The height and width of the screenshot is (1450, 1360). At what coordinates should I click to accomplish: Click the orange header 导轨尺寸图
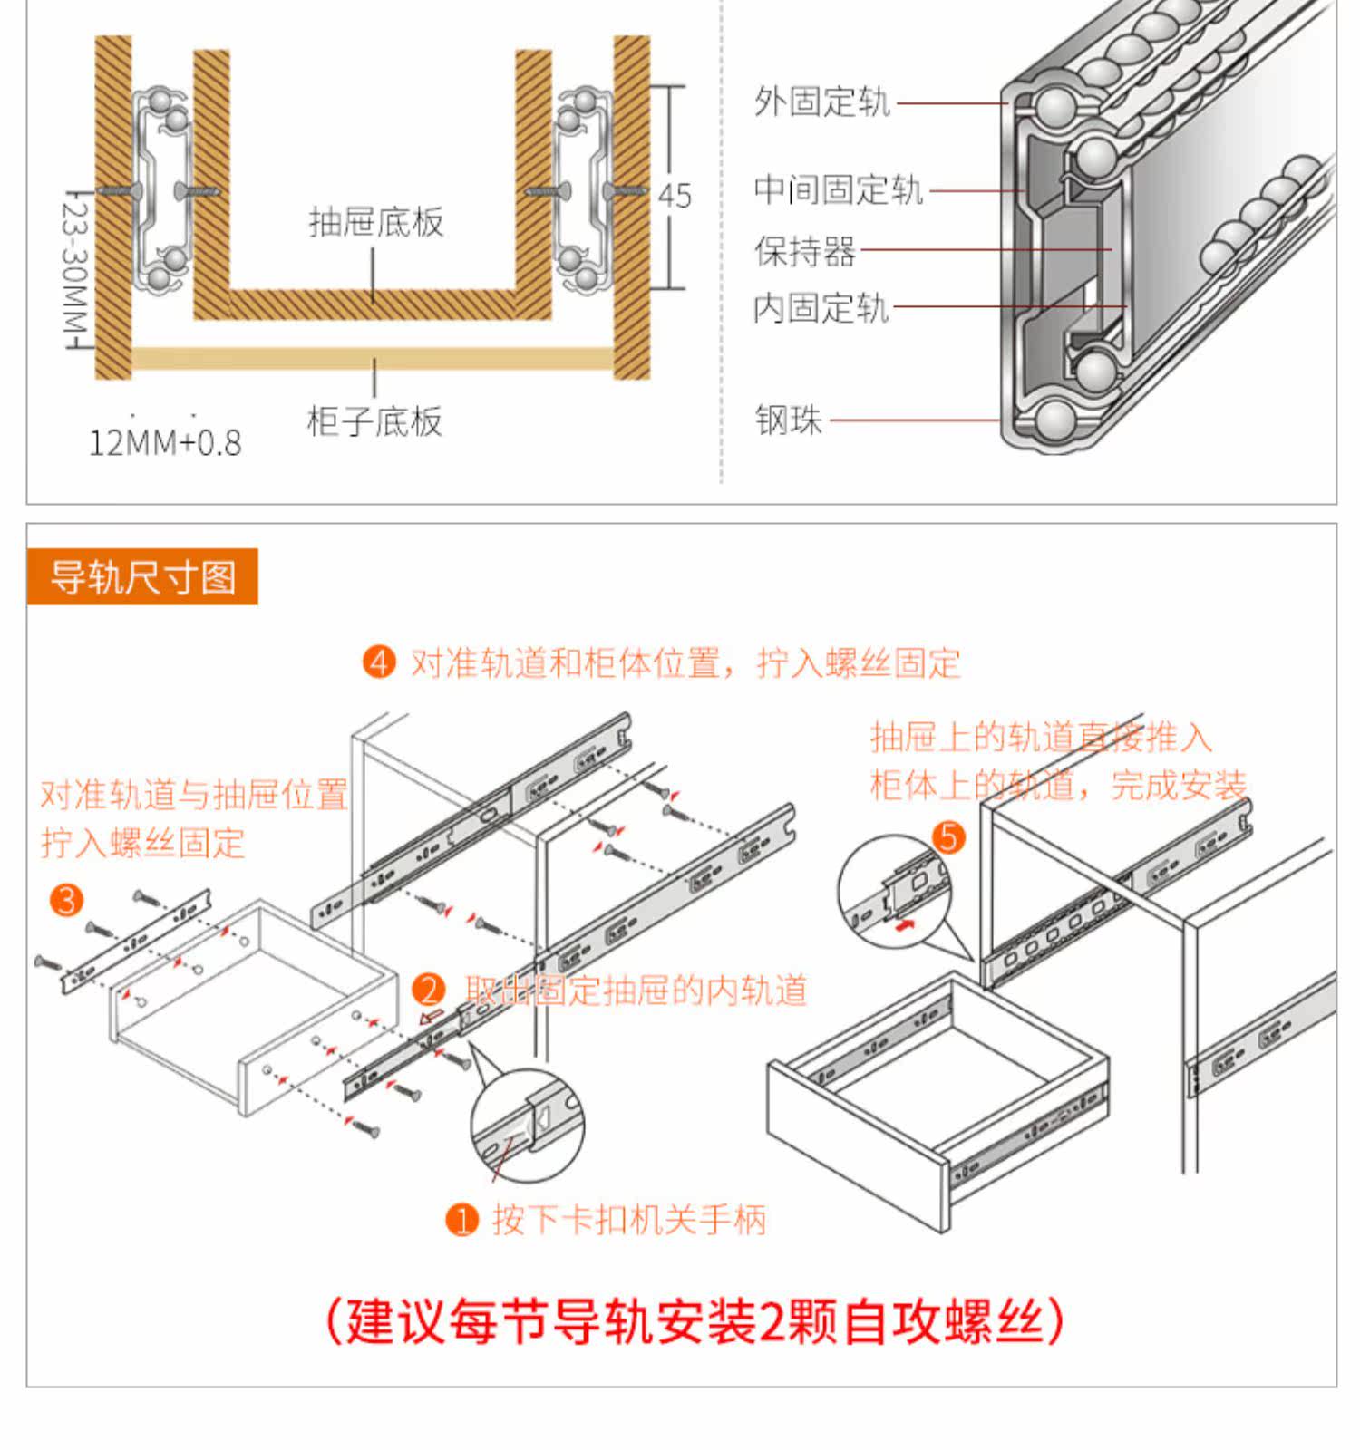tap(142, 577)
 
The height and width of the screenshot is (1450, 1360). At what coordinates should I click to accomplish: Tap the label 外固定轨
tap(822, 101)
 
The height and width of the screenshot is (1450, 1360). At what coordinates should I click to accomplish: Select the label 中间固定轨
tap(838, 190)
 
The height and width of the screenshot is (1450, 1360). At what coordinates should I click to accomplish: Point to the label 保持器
tap(805, 251)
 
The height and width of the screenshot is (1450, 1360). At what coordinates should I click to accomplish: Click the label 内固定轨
tap(821, 308)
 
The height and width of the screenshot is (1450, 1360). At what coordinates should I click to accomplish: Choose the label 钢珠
tap(788, 420)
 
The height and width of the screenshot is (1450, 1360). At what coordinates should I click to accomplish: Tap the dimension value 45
tap(675, 196)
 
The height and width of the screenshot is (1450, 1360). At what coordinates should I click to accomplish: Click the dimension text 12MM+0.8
tap(165, 443)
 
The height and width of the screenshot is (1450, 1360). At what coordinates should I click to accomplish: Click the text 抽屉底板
tap(376, 222)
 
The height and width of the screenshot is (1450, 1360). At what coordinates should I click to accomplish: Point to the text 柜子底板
tap(374, 421)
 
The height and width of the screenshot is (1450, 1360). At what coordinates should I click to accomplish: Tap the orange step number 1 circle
tap(462, 1220)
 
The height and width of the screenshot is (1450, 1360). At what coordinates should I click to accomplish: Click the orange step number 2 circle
tap(429, 990)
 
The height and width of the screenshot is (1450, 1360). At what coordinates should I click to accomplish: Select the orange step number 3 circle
tap(66, 900)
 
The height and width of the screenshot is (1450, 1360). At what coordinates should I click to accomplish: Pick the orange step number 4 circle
tap(379, 662)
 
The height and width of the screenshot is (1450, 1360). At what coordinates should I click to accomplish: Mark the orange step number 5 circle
tap(948, 836)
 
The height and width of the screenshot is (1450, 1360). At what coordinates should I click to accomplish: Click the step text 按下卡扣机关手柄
tap(629, 1220)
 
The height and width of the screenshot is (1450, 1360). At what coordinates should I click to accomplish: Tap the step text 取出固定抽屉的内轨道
tap(636, 990)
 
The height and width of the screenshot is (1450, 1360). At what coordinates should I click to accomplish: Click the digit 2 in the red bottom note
tap(772, 1323)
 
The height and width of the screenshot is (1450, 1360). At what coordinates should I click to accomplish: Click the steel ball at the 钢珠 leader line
tap(1054, 420)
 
